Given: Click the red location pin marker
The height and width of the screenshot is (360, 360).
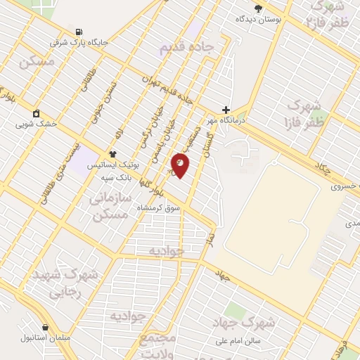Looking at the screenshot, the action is coord(181,166).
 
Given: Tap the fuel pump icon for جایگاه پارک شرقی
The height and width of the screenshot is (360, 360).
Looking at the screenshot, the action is coord(78,32).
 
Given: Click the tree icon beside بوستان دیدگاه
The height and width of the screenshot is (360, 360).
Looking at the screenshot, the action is coord(258,8).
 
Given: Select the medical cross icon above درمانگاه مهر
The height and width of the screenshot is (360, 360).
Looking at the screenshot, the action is coord(226,110).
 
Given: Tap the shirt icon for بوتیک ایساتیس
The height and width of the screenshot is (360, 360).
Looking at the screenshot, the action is coord(112,153).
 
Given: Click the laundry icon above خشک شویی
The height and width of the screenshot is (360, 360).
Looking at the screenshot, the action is coord(36,112).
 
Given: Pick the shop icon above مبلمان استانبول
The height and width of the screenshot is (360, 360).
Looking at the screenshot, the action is coord(46,327).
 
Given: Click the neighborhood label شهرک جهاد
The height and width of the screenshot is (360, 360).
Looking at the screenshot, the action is coord(243,323).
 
